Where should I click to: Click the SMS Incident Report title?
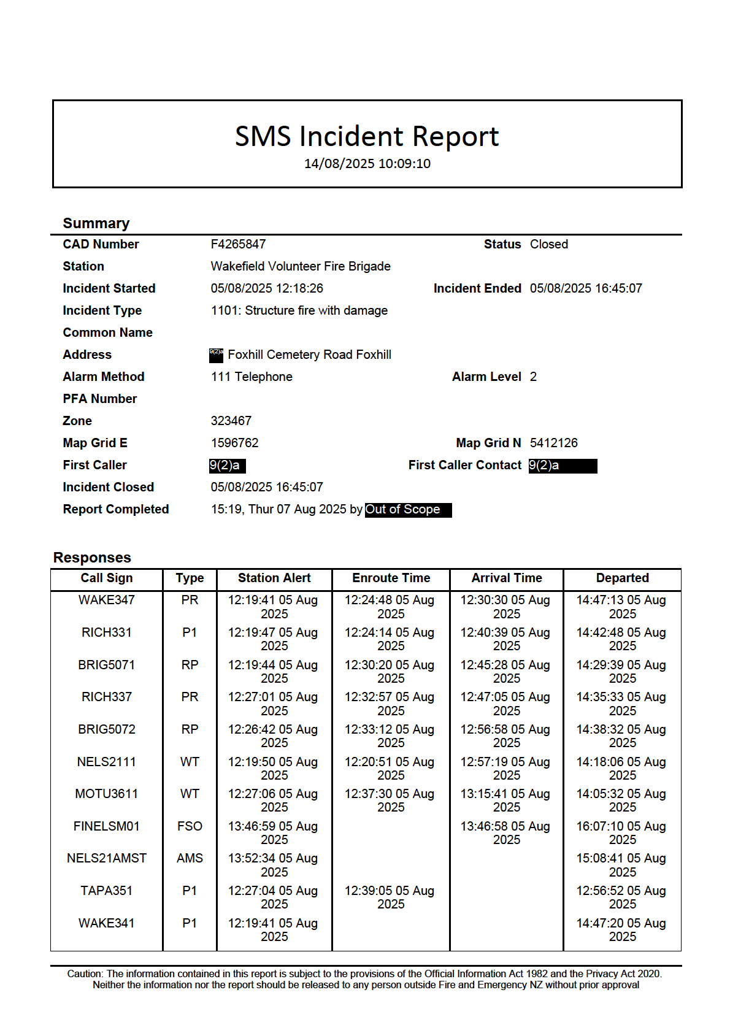[367, 136]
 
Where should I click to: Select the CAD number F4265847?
[238, 244]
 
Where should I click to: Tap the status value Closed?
[548, 244]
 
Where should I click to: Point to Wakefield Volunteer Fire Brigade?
[301, 266]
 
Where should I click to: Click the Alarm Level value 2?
[533, 377]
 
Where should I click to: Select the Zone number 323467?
[231, 421]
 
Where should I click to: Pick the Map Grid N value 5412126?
[553, 443]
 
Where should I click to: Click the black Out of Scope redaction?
[408, 510]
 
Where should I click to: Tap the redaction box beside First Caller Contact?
[563, 466]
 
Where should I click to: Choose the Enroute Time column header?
[391, 578]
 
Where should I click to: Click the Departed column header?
[622, 578]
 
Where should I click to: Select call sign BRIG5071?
[106, 665]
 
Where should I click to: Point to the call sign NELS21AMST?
[106, 858]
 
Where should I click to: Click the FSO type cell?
[190, 826]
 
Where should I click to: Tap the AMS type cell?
[190, 858]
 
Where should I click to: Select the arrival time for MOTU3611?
[505, 800]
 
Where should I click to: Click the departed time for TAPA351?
[621, 897]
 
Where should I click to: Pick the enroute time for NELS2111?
[390, 768]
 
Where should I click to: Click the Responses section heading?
[92, 558]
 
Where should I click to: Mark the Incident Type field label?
[102, 310]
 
